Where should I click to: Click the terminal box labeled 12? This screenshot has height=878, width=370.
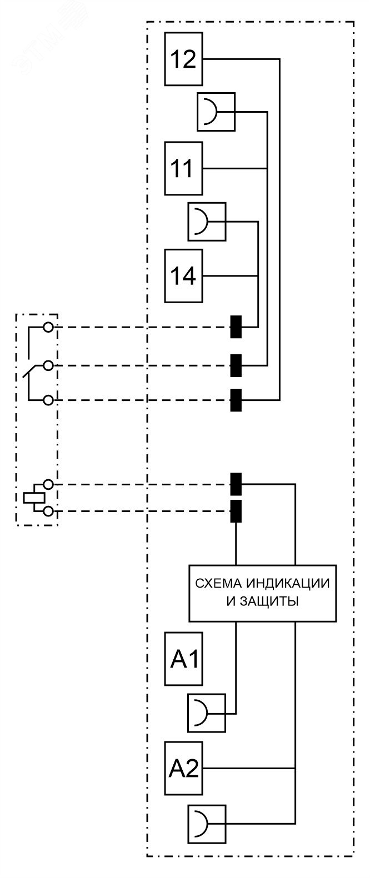183,59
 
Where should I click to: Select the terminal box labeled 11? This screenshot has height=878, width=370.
183,168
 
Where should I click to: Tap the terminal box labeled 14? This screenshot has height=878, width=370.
183,276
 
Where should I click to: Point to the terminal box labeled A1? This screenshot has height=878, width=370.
183,659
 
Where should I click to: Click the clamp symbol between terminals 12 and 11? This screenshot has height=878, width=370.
216,112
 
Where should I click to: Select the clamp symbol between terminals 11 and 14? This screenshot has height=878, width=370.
207,222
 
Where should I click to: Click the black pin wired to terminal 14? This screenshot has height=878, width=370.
236,327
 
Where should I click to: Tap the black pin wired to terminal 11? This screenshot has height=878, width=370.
236,365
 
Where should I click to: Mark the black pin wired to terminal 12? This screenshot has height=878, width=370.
236,400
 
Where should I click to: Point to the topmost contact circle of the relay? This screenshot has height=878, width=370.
49,327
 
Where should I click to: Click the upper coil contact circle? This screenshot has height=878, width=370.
49,485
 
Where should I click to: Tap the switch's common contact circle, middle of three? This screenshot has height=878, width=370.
49,365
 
